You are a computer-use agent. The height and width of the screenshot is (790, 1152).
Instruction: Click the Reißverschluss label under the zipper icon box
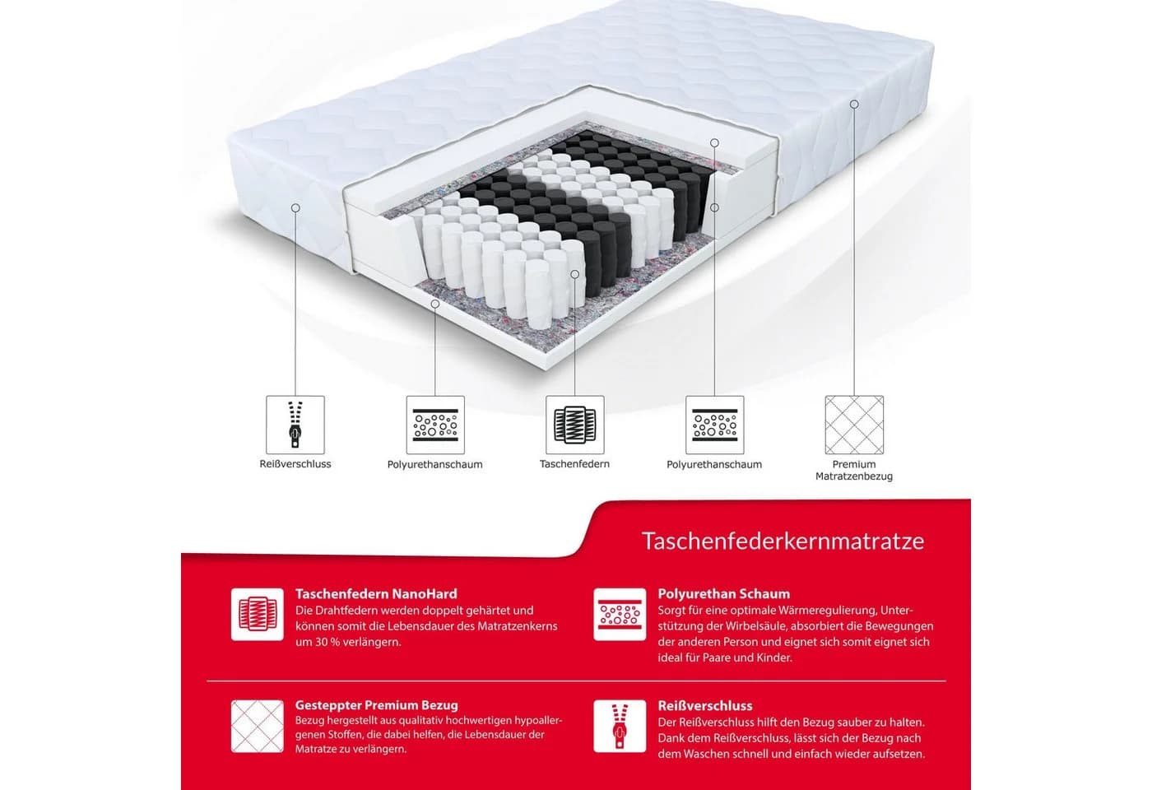295,463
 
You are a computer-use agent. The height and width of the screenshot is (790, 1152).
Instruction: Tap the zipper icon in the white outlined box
295,425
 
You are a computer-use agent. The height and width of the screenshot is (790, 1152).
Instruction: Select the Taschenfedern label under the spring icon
574,463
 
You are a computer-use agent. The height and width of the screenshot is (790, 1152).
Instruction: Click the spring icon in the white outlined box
575,425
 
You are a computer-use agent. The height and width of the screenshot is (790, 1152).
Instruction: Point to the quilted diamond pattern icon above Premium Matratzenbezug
854,425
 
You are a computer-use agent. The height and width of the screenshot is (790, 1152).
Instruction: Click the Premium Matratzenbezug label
854,470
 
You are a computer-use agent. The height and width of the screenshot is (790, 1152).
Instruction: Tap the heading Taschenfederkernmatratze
783,541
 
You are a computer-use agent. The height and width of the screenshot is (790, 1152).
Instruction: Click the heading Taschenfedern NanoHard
376,594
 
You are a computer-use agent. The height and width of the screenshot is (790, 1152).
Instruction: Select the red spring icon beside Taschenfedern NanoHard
257,614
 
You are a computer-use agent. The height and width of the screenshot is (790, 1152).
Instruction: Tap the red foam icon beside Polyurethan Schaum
620,614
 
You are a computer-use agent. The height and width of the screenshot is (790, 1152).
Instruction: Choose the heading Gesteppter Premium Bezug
377,705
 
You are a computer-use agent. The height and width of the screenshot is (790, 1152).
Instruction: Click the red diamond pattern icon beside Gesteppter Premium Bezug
257,726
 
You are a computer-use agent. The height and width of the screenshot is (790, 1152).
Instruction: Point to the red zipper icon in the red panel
620,726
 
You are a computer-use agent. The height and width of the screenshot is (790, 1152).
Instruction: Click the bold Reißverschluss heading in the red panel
705,706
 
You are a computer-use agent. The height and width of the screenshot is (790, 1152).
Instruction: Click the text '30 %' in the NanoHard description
326,643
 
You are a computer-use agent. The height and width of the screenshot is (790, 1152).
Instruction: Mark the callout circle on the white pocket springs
575,274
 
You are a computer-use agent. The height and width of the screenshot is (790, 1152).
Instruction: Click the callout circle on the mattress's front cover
295,207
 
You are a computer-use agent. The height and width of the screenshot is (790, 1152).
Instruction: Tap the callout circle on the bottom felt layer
435,304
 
